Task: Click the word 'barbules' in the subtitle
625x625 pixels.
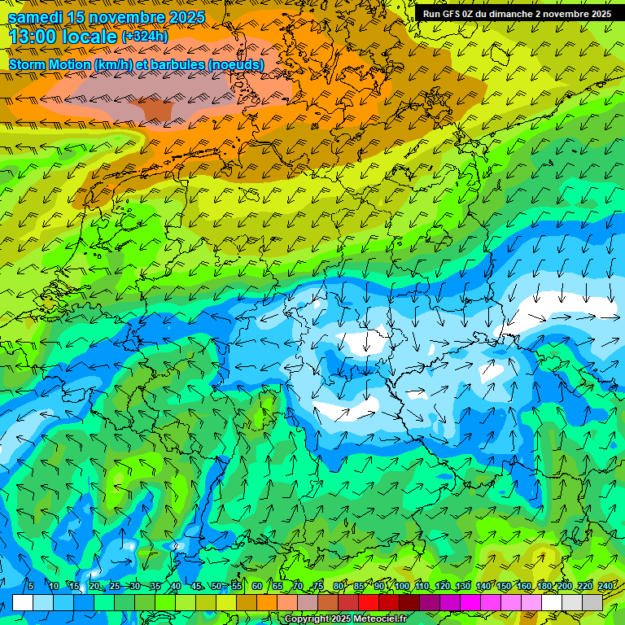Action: (177, 64)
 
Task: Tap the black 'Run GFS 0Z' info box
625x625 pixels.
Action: (517, 14)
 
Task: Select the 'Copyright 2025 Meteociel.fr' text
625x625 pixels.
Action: (345, 619)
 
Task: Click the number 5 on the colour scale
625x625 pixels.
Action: (30, 586)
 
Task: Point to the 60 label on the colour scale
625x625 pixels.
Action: (256, 586)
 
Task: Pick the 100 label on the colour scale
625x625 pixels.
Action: (401, 586)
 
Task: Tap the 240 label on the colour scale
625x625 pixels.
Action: (605, 586)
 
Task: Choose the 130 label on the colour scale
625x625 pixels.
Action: (463, 586)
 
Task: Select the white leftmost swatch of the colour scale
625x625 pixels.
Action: (23, 602)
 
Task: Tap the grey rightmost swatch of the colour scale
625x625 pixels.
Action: (592, 602)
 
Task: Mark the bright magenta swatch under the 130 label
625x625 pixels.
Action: (470, 602)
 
